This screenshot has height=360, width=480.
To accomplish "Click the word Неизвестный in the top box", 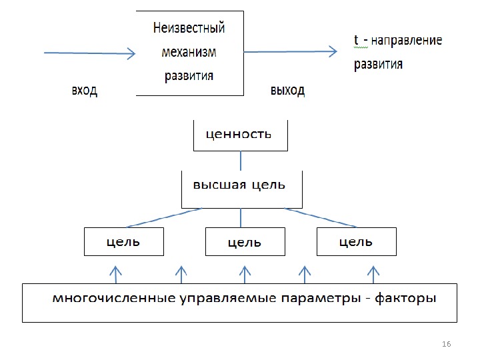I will click(189, 29).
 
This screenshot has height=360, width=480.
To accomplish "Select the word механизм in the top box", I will click(189, 52).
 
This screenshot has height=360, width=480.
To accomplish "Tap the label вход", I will click(85, 91).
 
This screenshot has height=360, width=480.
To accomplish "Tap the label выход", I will click(287, 91).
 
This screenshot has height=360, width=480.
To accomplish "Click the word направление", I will click(407, 41).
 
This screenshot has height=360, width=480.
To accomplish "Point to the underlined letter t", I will click(357, 41).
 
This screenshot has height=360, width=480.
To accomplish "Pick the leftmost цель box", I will click(124, 241).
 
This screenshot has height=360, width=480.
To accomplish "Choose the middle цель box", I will click(245, 242).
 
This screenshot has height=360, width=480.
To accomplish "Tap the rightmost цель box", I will click(356, 241).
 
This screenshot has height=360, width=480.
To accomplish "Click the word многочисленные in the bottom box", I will click(115, 298).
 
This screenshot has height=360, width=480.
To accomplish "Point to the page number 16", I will click(447, 343).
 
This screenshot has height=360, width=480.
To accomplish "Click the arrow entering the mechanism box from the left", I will click(89, 53).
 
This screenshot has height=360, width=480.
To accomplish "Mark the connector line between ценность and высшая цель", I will click(240, 161).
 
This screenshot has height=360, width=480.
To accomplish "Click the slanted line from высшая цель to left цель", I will click(163, 217).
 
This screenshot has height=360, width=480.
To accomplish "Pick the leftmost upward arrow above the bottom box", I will click(116, 273).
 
